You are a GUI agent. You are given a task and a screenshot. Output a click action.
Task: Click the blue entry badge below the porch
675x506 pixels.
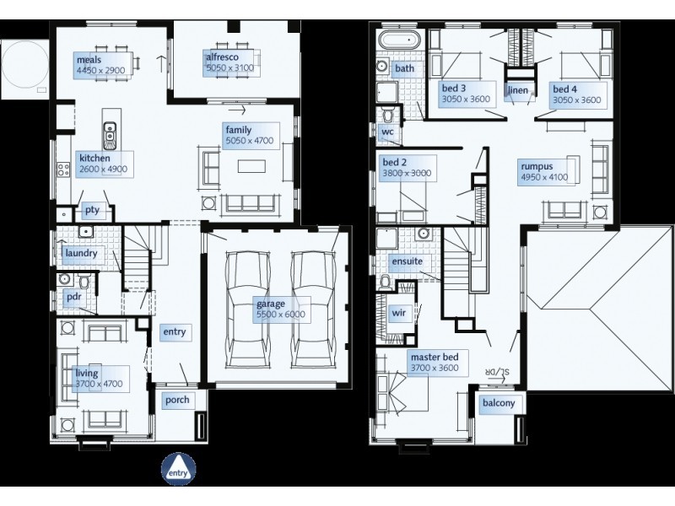point(179,469)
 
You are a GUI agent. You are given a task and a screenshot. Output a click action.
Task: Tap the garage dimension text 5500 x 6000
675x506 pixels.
point(281,315)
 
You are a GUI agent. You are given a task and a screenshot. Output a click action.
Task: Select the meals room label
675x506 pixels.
point(89,60)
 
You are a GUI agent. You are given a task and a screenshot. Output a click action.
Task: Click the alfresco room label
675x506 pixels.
point(222,57)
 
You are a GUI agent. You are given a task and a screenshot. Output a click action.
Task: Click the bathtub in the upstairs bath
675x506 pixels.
point(399,40)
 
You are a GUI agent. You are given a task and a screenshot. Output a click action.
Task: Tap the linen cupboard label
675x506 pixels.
point(518,90)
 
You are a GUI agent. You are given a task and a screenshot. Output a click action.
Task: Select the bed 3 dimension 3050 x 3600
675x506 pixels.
point(466,100)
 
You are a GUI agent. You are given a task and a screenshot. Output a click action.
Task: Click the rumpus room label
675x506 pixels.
point(537,166)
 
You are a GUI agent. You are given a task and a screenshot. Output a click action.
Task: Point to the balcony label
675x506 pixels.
point(499,403)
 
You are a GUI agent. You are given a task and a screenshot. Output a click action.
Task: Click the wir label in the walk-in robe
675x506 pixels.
point(398,313)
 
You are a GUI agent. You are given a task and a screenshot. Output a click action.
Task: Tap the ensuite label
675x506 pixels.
point(408,261)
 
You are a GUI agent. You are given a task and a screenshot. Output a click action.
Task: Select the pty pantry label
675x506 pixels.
point(92,210)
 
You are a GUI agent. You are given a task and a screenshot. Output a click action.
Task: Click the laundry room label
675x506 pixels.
point(81,253)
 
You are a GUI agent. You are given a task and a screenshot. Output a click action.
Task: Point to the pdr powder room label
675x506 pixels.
point(74,297)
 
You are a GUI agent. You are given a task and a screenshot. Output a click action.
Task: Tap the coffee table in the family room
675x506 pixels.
point(251,166)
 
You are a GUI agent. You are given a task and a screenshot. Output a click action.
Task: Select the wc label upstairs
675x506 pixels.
point(387,132)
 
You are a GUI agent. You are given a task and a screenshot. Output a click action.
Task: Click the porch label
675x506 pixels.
point(177,400)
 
